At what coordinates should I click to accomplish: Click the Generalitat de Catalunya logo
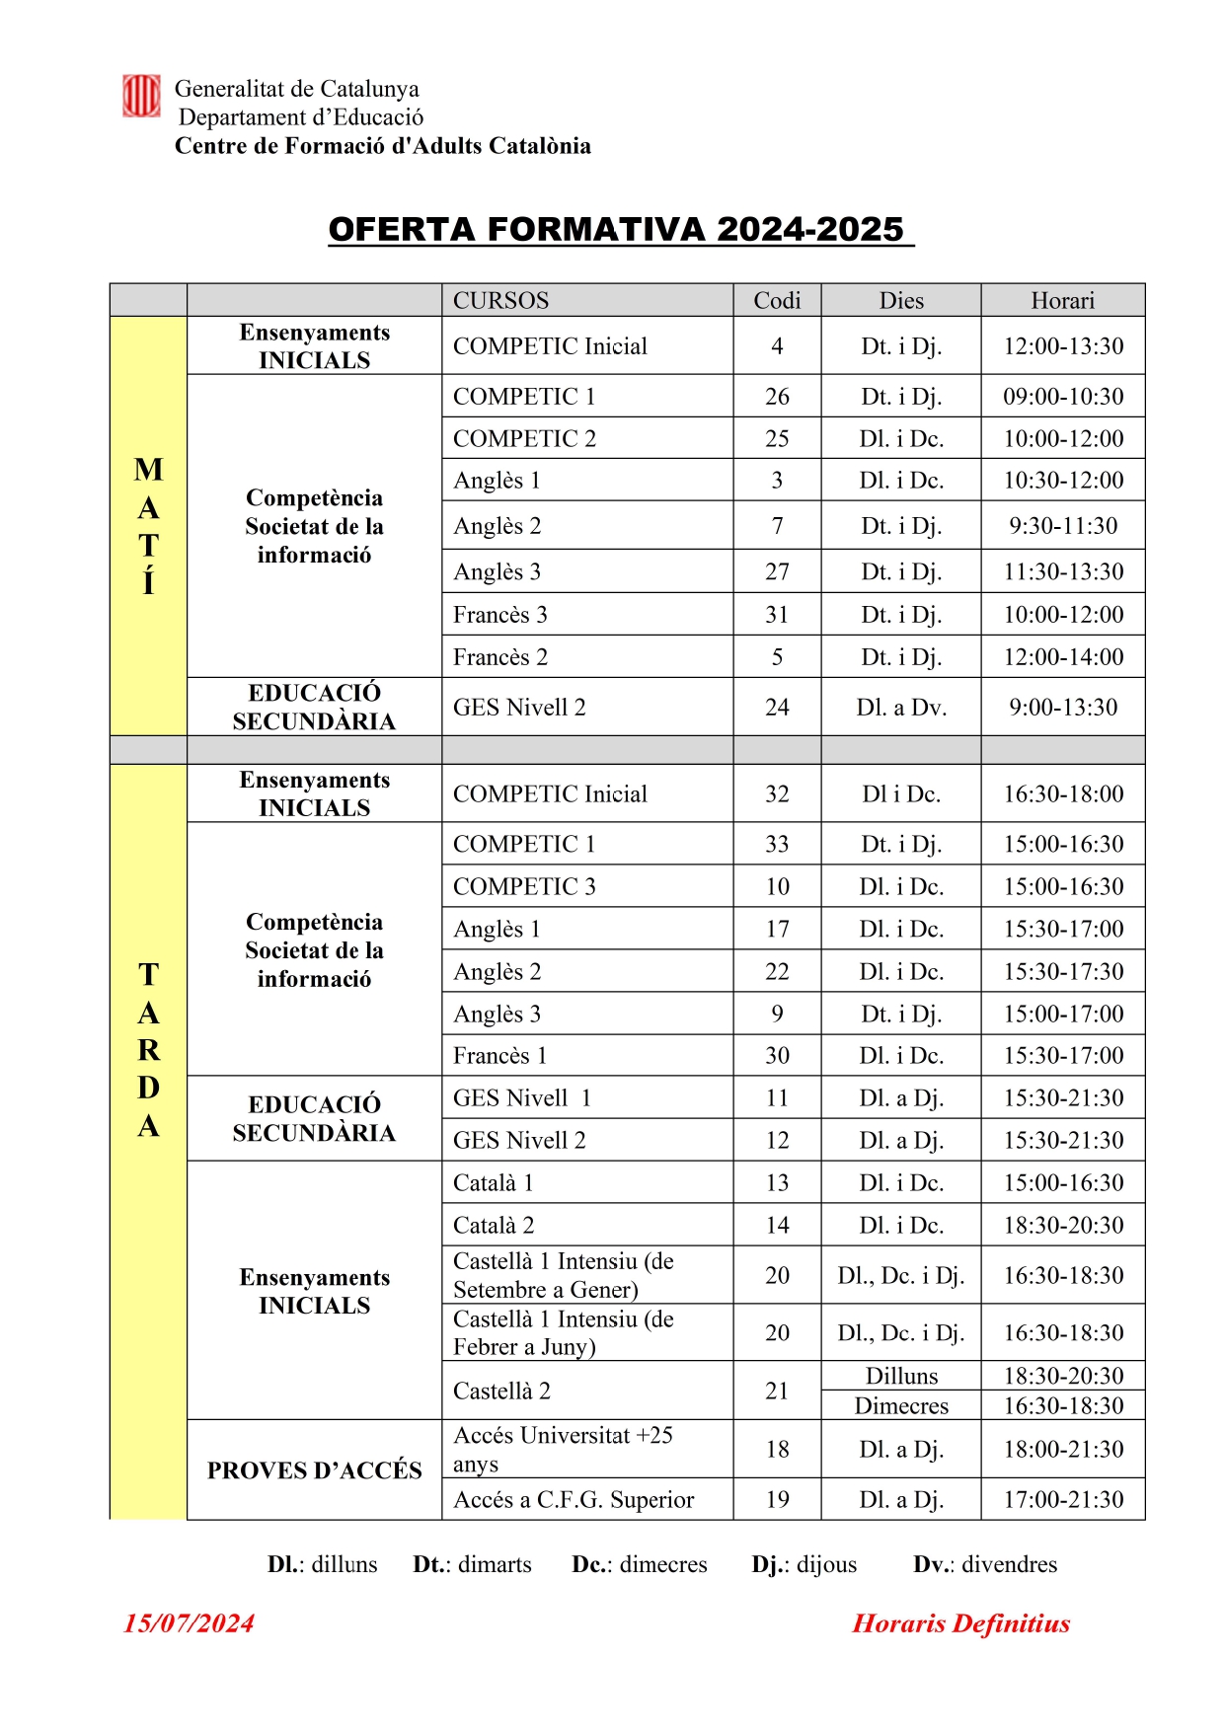coord(141,97)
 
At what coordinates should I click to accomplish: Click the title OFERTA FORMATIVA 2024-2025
coord(617,230)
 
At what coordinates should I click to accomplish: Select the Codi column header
coord(777,301)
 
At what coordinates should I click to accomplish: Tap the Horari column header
coord(1062,301)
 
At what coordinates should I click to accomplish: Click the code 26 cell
coord(777,397)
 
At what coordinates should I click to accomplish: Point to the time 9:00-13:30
coord(1062,708)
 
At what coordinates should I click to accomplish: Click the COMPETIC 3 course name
coord(524,886)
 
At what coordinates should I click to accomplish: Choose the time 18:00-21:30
coord(1062,1449)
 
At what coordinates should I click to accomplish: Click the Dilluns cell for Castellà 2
coord(901,1377)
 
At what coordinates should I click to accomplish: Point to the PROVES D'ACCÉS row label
coord(314,1470)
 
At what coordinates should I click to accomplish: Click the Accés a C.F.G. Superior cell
coord(574,1500)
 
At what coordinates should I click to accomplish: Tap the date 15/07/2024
coord(189,1623)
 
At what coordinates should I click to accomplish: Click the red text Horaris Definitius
coord(960,1623)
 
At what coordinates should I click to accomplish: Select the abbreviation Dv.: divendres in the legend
coord(984,1564)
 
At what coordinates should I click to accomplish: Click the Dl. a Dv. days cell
coord(901,708)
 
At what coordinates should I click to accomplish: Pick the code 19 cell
coord(777,1500)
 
